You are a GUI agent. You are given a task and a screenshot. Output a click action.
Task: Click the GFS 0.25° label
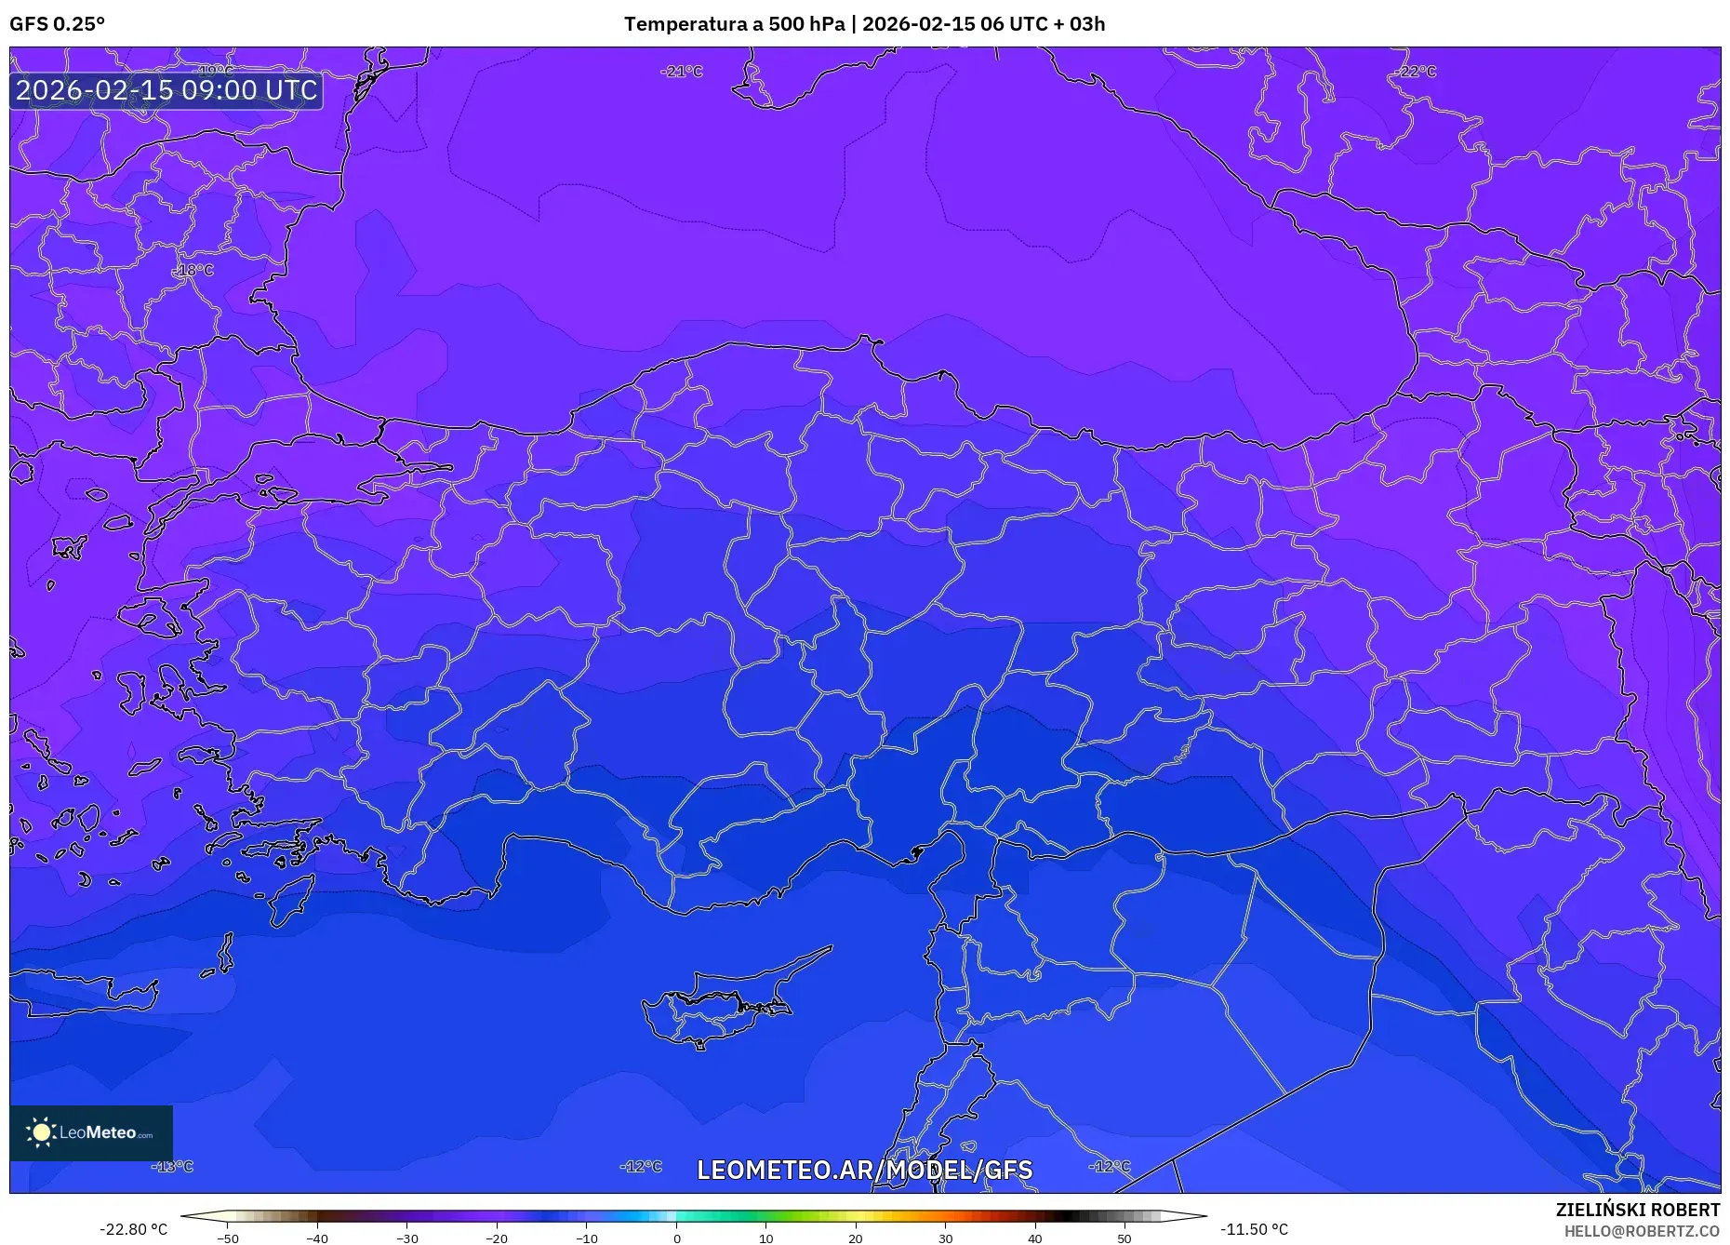57,24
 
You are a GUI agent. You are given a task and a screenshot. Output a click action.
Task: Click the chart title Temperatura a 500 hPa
735,24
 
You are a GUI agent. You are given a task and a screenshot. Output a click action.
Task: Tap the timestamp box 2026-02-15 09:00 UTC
166,90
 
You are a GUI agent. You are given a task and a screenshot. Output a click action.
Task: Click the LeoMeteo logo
91,1132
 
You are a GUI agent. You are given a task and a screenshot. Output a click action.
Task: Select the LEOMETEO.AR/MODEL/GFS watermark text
864,1170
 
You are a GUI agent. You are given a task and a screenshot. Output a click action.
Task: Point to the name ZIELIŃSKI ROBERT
1637,1210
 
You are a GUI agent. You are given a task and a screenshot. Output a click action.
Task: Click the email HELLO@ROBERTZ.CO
1642,1231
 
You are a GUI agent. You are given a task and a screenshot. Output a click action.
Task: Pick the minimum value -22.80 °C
133,1229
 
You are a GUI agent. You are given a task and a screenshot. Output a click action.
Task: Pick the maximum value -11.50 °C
1254,1229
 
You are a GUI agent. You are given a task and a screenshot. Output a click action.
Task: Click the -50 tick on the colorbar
228,1238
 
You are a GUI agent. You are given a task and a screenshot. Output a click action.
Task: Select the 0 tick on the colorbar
677,1238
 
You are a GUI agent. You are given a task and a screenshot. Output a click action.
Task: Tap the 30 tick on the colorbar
945,1238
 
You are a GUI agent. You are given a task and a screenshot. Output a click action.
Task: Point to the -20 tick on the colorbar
497,1238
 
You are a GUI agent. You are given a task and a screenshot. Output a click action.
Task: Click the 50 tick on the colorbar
1124,1238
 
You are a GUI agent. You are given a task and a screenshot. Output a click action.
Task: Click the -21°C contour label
682,72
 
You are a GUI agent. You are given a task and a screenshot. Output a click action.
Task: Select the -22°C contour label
1415,72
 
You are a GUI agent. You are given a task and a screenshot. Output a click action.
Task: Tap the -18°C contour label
193,270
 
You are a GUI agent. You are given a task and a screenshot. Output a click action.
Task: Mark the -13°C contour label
173,1166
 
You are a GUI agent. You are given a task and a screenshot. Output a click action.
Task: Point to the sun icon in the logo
41,1132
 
